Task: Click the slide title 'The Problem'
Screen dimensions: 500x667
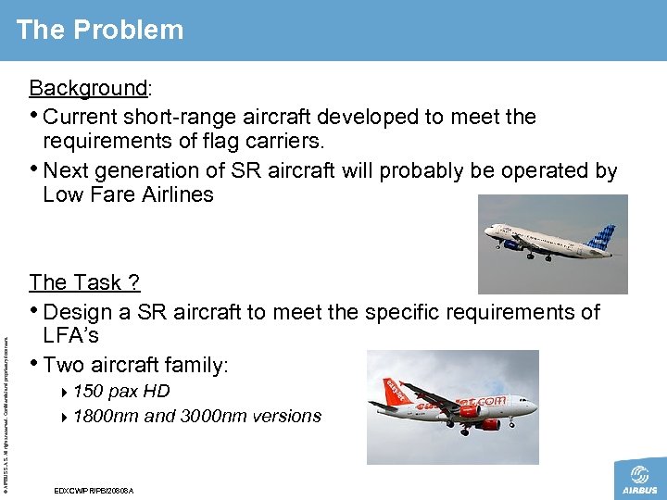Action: (100, 30)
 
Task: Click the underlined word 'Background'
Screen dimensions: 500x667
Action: (88, 88)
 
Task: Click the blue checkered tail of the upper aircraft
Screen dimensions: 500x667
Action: (601, 239)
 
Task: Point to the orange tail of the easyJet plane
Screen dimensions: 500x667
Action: (384, 394)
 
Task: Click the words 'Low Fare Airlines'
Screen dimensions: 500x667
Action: (128, 194)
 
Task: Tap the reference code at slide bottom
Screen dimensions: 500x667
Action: (94, 490)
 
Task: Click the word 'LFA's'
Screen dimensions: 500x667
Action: (71, 336)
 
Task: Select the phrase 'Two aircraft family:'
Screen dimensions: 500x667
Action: (135, 365)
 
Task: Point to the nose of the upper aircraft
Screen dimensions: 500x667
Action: (488, 232)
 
